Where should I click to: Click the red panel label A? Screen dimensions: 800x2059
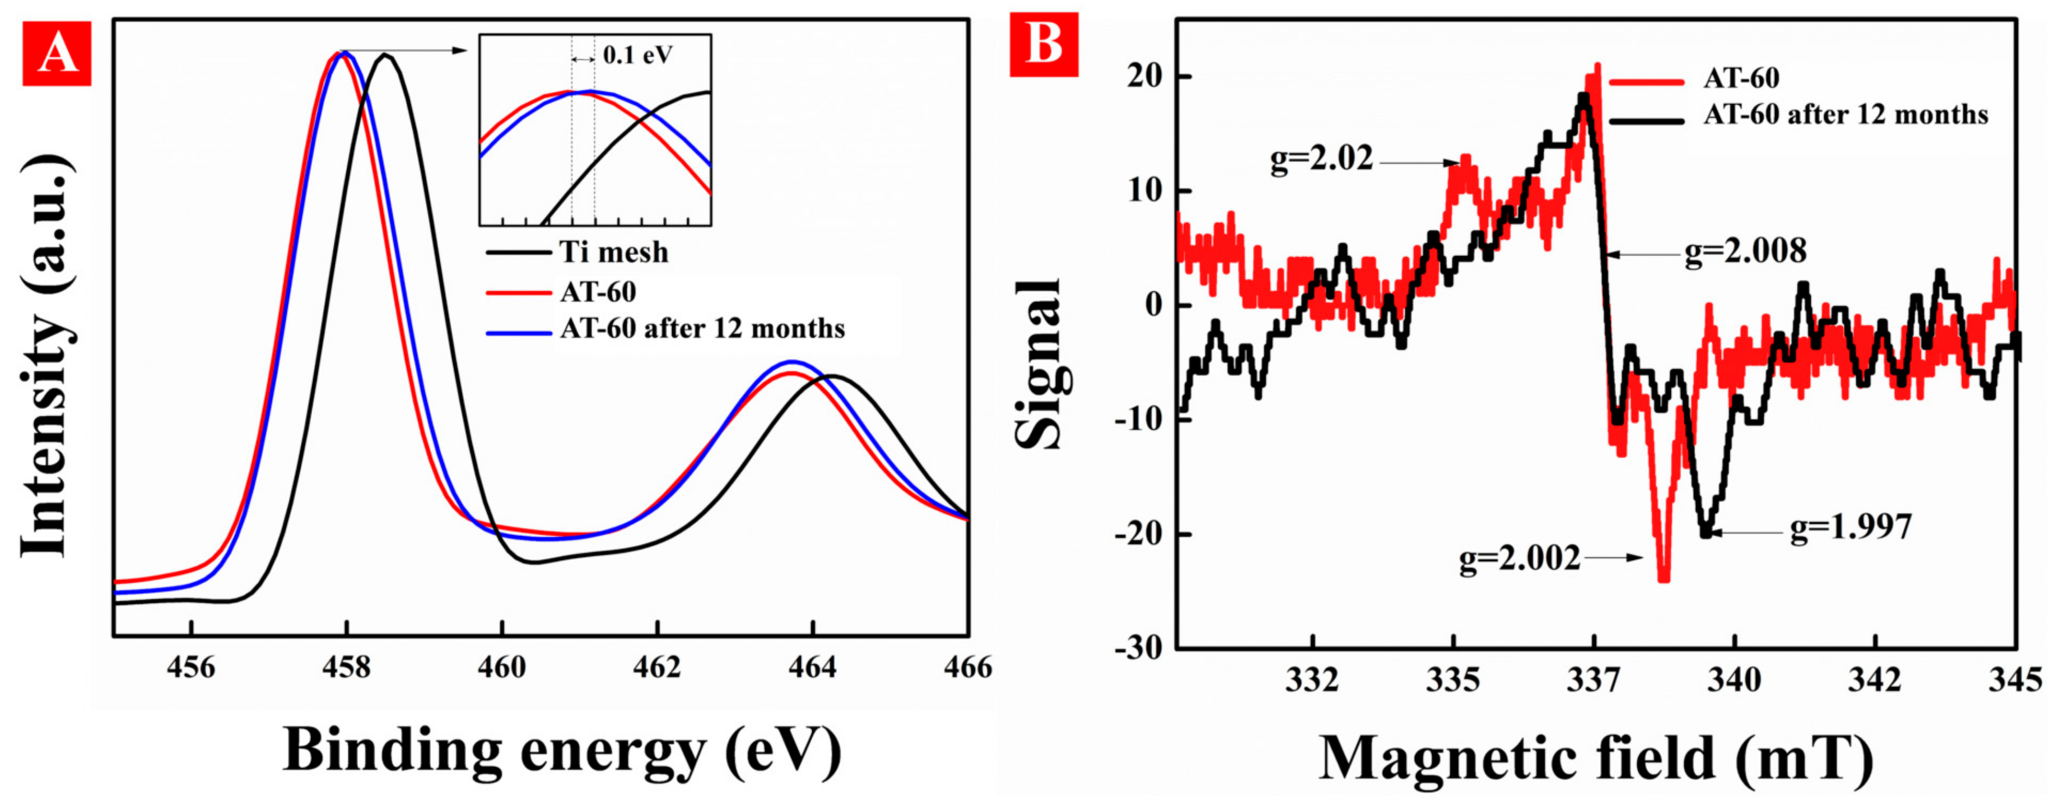click(x=56, y=54)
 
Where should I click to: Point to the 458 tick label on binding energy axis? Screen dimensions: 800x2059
click(x=346, y=667)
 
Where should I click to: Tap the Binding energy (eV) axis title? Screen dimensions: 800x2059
click(x=562, y=751)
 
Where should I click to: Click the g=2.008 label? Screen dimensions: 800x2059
click(x=1745, y=251)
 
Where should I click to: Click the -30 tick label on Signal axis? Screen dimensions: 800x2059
click(x=1138, y=648)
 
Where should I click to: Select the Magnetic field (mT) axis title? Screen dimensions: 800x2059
click(x=1595, y=757)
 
